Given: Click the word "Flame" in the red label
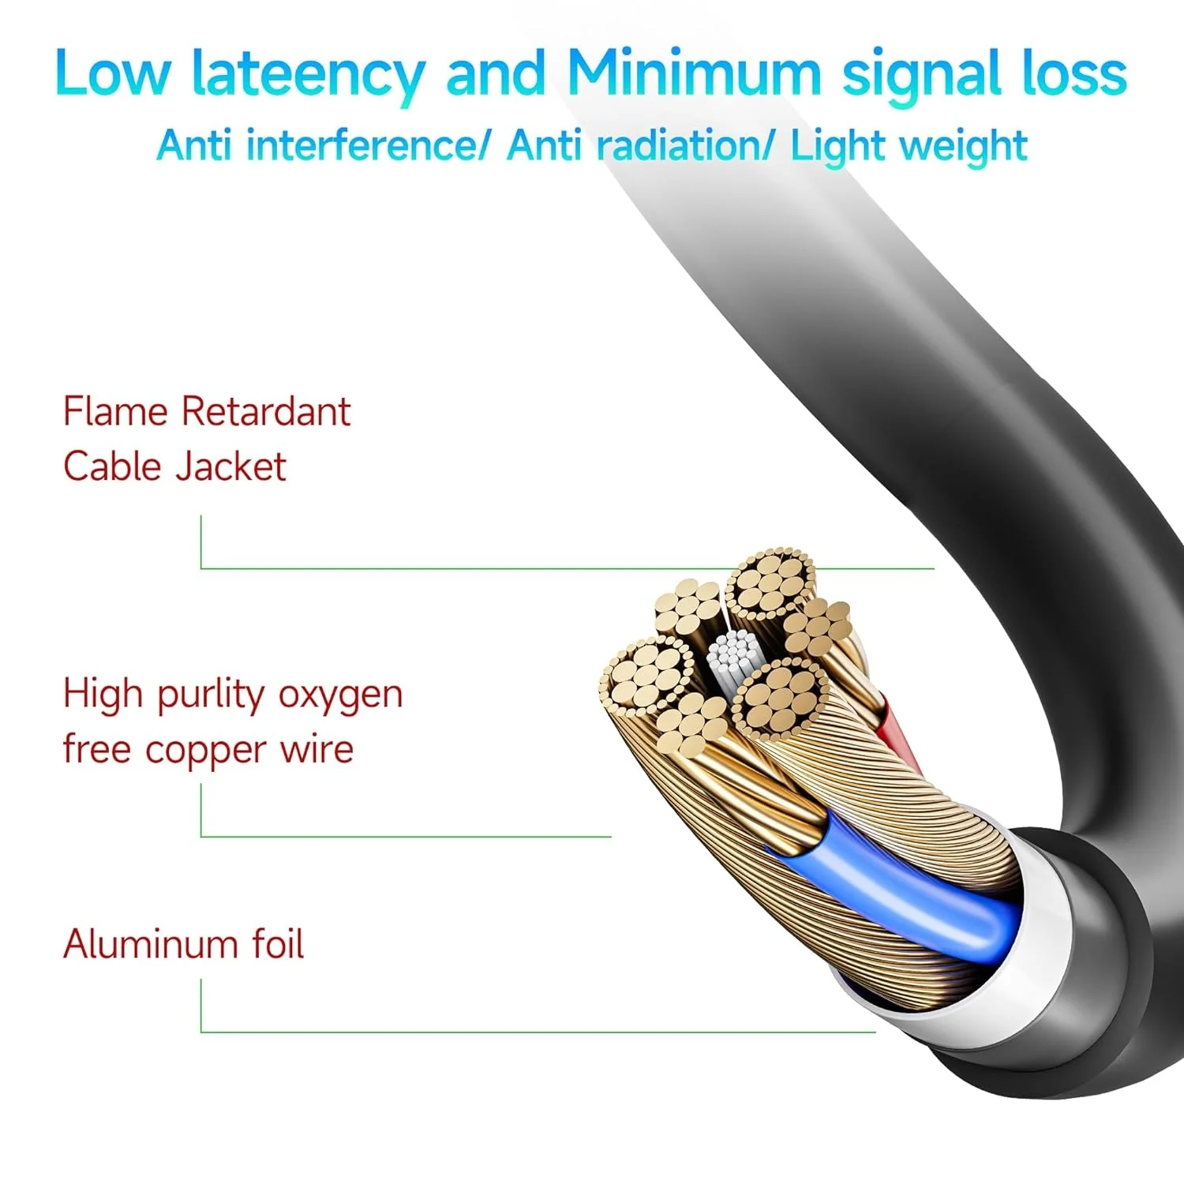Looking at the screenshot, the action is (x=115, y=411).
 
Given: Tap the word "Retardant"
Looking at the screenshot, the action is (x=266, y=411).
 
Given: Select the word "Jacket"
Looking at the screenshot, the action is (x=230, y=466).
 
